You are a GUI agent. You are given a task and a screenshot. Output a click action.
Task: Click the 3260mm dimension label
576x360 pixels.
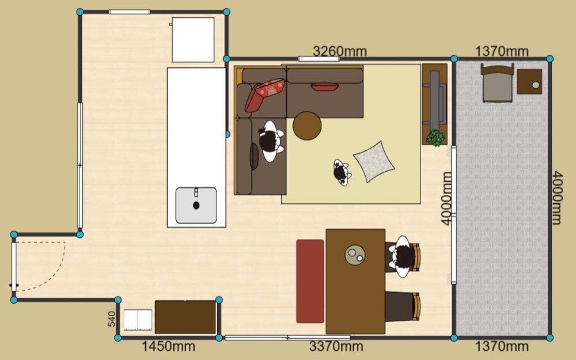(x=339, y=51)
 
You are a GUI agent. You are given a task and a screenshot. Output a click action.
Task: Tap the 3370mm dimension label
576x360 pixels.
(x=336, y=346)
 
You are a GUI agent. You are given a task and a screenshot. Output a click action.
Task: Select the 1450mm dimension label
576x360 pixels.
(x=168, y=346)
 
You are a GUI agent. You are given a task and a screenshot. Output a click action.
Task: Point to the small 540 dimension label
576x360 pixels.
(x=112, y=319)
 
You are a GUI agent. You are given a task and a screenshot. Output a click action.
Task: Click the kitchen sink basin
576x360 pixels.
(x=196, y=206)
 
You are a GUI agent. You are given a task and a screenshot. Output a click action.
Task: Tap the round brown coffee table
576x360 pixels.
(x=307, y=126)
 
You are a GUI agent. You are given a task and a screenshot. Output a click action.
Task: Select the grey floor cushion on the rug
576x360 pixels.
(x=374, y=162)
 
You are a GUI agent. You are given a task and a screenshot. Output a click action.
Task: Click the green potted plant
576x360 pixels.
(x=435, y=138)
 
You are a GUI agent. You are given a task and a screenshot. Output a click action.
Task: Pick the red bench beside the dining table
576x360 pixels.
(x=310, y=282)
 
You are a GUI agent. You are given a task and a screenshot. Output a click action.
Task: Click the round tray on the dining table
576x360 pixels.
(x=355, y=255)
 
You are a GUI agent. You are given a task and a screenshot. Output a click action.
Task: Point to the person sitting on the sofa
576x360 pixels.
(x=271, y=141)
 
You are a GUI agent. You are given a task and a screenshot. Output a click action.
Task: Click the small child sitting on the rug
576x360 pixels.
(x=342, y=172)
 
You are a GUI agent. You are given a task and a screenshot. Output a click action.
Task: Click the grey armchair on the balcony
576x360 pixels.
(x=498, y=83)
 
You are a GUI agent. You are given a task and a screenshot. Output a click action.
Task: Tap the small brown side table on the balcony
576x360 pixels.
(x=530, y=82)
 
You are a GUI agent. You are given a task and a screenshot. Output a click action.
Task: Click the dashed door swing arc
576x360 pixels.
(x=52, y=274)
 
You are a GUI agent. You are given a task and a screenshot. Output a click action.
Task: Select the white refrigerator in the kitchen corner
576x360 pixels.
(x=193, y=40)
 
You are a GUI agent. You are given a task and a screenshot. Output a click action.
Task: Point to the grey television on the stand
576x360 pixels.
(x=435, y=97)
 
